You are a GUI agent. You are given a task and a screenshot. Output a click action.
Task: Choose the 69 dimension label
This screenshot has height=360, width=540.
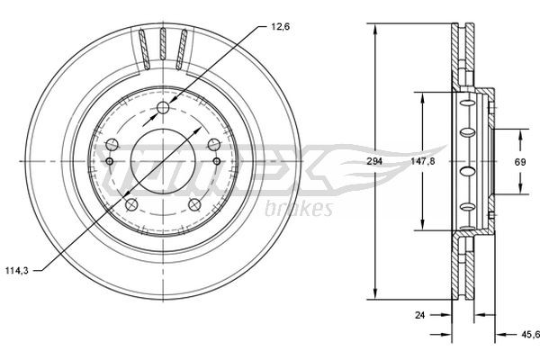[x=520, y=161]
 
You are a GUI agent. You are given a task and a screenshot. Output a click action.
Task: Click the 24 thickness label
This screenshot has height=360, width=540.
[x=418, y=315]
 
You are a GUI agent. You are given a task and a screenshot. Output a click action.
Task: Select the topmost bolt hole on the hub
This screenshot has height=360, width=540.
[x=163, y=110]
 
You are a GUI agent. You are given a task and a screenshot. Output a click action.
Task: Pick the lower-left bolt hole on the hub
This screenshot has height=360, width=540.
[x=131, y=206]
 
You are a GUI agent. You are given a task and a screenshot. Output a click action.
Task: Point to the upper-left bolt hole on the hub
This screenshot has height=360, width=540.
[x=112, y=146]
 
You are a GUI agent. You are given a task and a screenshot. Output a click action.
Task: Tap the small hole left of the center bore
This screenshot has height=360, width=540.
[x=109, y=162]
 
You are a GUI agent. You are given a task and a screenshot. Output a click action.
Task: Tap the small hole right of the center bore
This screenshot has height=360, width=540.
[x=218, y=162]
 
